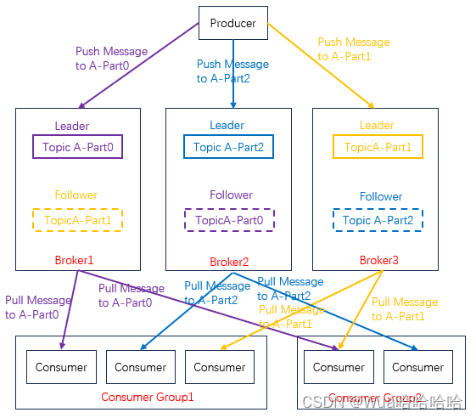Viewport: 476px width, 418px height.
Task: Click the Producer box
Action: pos(232,23)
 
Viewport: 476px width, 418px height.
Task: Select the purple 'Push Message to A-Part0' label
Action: pos(111,58)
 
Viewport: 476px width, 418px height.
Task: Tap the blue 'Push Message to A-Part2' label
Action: pos(232,71)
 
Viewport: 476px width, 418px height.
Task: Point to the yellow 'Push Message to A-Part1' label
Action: pos(353,49)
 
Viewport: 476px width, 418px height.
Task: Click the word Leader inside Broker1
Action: pos(72,127)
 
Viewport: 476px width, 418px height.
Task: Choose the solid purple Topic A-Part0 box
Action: pos(77,147)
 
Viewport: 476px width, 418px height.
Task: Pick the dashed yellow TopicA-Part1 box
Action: pos(77,219)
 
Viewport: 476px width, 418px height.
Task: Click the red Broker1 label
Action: pos(74,259)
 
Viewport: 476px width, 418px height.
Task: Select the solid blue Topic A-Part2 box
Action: pos(228,147)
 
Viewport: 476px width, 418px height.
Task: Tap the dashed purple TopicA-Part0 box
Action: pos(228,220)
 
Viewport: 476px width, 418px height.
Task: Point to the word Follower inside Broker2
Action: pos(231,195)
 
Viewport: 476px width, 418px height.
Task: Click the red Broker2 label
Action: pos(229,262)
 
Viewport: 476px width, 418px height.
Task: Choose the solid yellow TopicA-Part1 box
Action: pos(378,147)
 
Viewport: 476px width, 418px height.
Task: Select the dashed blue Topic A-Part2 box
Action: pos(378,220)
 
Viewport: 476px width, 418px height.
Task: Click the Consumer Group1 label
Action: pos(147,397)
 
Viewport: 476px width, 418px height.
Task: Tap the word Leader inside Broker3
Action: pos(377,126)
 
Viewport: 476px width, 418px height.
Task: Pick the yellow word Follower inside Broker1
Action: pos(76,195)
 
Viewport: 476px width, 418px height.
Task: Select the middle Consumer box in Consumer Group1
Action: pos(141,367)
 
